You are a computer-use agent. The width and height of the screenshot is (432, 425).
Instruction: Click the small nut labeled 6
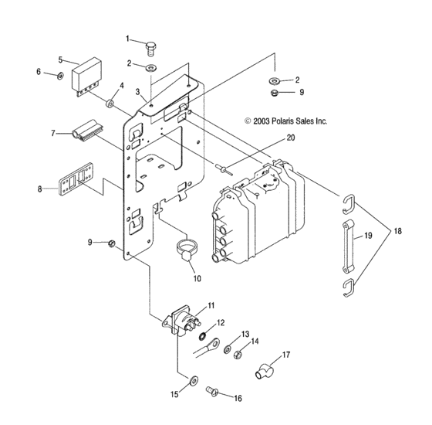[60, 76]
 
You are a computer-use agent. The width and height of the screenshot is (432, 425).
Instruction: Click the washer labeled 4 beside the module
[110, 103]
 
